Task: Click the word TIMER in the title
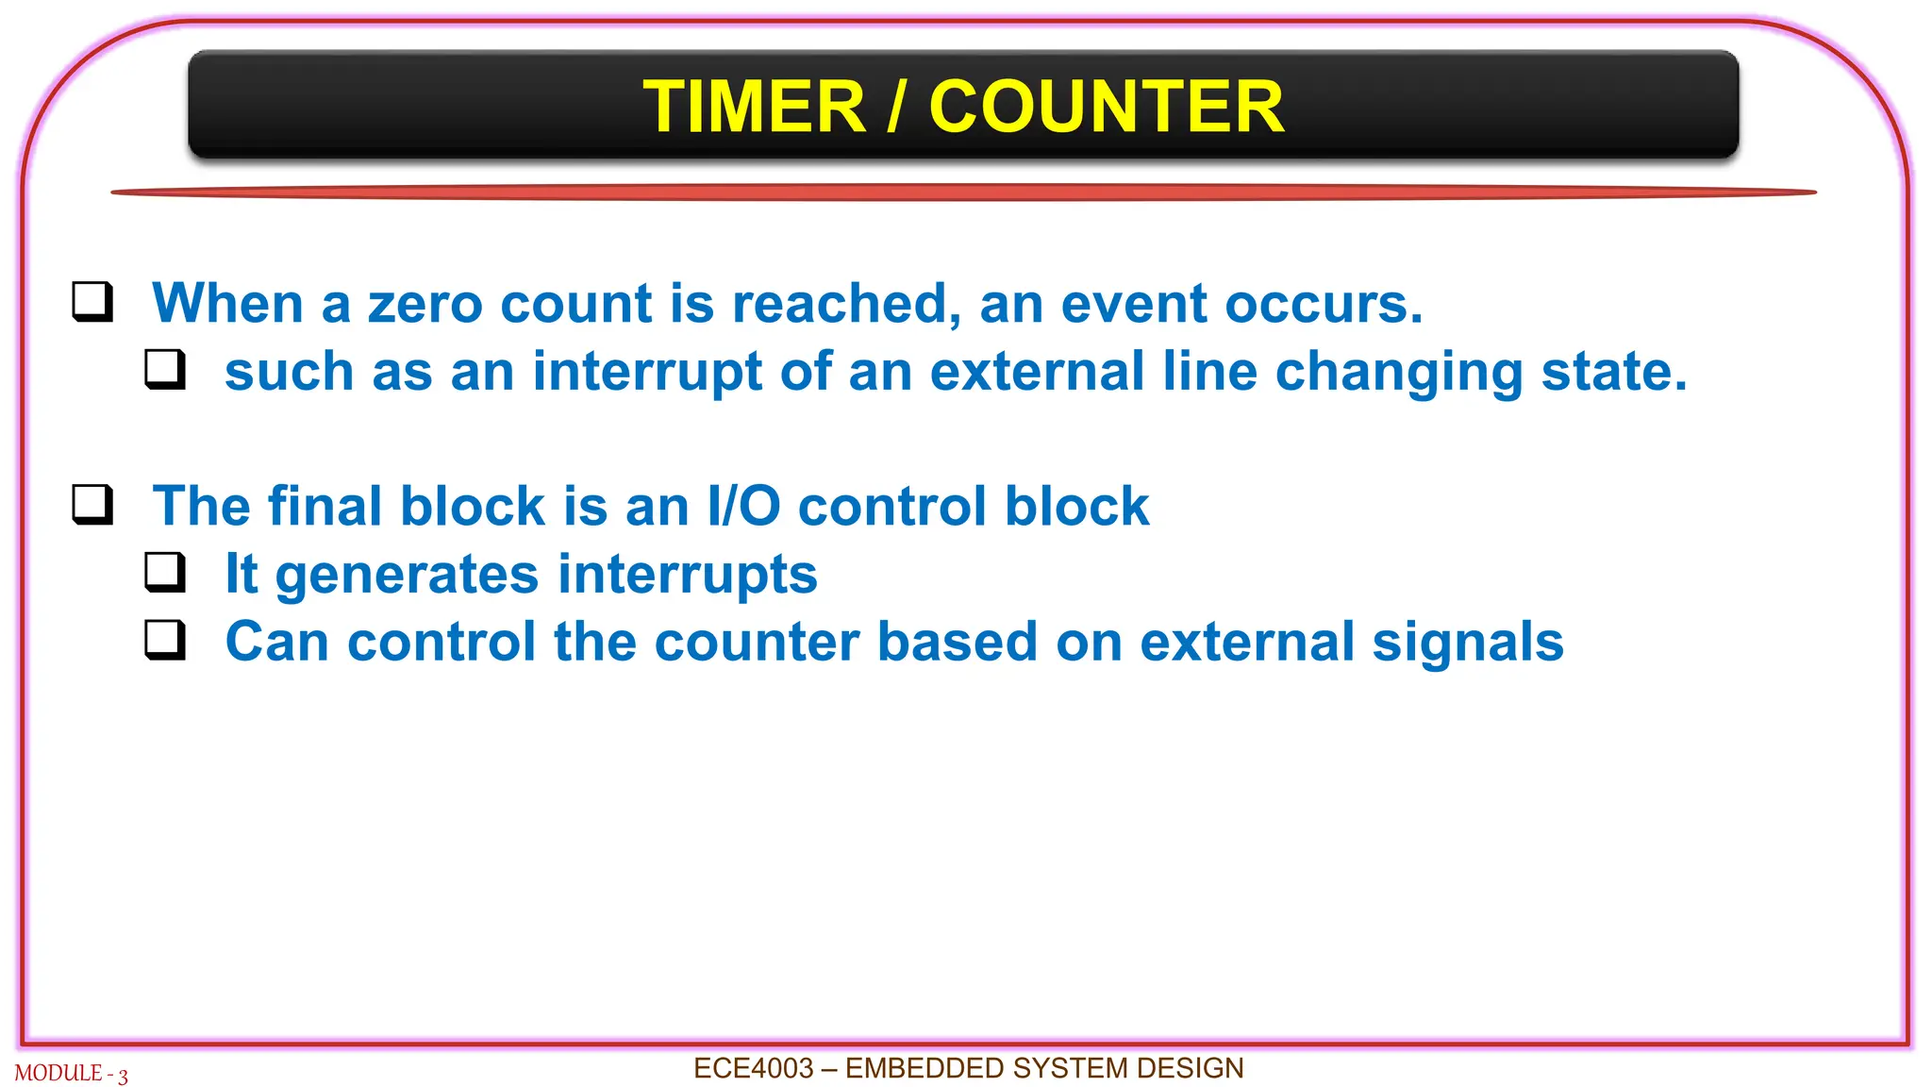point(754,107)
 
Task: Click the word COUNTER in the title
point(1106,107)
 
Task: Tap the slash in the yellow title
point(897,107)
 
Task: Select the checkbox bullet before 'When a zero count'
point(92,302)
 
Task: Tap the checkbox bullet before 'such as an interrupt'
point(165,370)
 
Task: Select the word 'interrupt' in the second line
point(647,372)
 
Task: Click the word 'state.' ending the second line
point(1614,372)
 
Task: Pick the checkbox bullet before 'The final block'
point(92,505)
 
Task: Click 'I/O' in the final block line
point(743,507)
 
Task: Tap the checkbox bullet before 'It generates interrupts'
point(165,572)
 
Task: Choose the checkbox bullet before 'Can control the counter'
point(165,640)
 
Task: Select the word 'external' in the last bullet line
point(1246,643)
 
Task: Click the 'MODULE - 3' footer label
point(71,1074)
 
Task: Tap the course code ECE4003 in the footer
point(753,1068)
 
